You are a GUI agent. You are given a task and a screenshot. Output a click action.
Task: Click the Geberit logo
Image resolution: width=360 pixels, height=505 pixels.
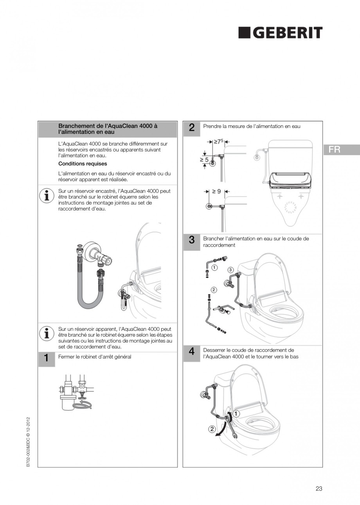280,33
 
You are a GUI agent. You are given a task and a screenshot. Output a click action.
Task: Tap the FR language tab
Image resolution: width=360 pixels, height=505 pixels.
341,150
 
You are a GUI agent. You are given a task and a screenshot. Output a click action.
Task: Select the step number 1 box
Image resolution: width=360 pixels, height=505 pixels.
46,358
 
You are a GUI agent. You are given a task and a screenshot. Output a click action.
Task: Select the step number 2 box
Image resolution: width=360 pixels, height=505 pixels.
191,128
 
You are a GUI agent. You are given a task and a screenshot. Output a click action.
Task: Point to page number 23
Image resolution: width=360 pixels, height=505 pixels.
319,488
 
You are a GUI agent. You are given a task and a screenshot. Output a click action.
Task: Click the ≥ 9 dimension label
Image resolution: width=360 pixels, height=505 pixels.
216,191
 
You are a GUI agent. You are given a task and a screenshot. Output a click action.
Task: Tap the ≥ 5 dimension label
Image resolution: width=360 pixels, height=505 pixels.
204,159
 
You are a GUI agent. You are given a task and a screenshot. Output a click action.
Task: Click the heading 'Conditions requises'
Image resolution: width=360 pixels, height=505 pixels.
83,164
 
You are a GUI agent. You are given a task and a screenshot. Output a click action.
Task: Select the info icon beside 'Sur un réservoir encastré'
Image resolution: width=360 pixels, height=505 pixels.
47,195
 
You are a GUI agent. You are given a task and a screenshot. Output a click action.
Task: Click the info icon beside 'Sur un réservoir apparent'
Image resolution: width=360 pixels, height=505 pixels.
47,333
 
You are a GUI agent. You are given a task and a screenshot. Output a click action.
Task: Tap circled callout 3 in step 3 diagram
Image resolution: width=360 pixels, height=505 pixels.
231,270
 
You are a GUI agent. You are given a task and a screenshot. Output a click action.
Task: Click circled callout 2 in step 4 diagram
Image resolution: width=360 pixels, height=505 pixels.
212,429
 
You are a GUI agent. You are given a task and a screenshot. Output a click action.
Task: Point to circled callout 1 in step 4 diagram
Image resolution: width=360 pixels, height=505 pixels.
237,413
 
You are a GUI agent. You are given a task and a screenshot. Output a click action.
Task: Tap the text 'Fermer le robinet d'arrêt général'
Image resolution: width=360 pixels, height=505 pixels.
95,357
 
